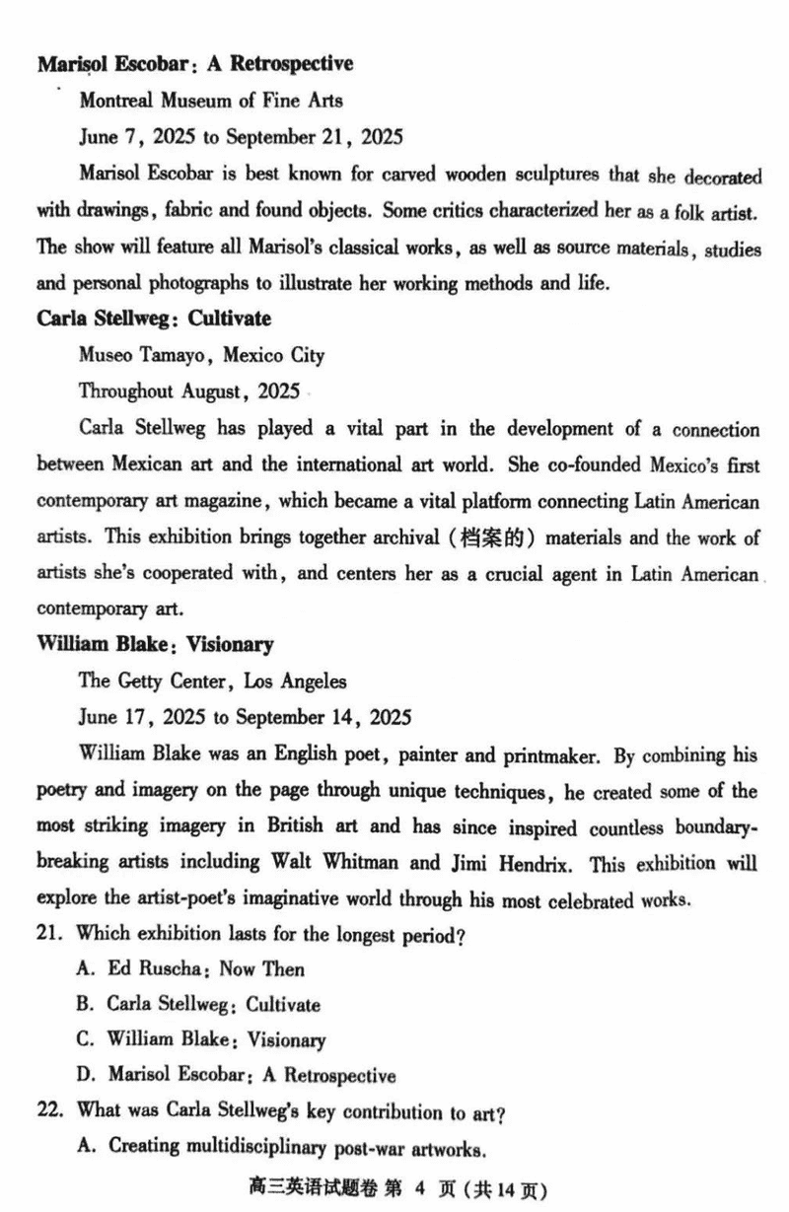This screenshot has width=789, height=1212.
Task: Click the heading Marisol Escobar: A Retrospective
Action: (x=195, y=64)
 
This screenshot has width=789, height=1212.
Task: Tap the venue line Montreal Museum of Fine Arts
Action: (x=211, y=100)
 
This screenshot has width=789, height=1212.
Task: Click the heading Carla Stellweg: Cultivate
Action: (x=154, y=319)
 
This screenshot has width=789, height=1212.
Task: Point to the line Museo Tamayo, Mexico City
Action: (x=201, y=354)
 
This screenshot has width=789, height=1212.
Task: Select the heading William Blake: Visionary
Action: (x=155, y=645)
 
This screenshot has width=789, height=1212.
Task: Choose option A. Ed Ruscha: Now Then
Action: (x=190, y=969)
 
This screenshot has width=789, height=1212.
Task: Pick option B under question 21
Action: (x=198, y=1005)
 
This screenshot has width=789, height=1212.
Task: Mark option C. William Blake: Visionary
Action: (x=201, y=1039)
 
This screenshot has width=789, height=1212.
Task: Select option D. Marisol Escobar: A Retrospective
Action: (x=237, y=1075)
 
